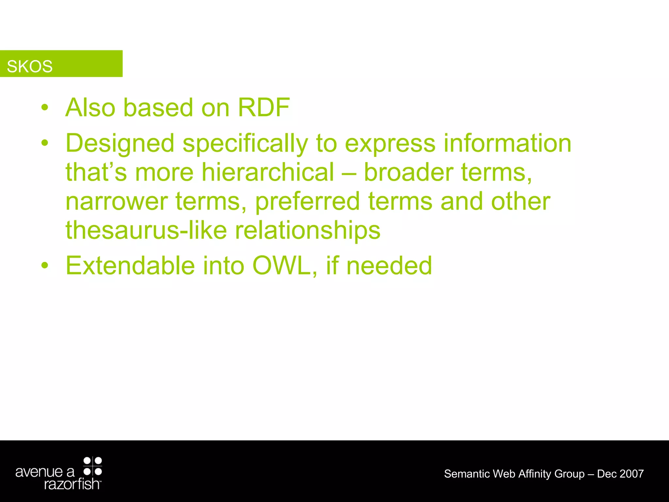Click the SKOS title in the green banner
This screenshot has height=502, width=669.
[29, 66]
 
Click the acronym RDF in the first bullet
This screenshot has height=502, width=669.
[263, 108]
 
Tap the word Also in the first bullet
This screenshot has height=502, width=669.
[90, 108]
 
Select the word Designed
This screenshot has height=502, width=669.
[120, 144]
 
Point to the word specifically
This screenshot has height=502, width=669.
[245, 144]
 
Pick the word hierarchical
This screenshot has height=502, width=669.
[268, 172]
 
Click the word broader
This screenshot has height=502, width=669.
[408, 172]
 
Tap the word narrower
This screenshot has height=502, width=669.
[117, 202]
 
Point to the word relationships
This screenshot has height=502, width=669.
[308, 231]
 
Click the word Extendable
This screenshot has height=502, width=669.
[130, 266]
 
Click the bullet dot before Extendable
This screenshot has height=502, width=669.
[45, 266]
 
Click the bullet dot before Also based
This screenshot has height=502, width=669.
[45, 108]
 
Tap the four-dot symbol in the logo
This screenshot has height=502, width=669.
[93, 466]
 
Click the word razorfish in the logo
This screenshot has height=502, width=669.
[72, 484]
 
